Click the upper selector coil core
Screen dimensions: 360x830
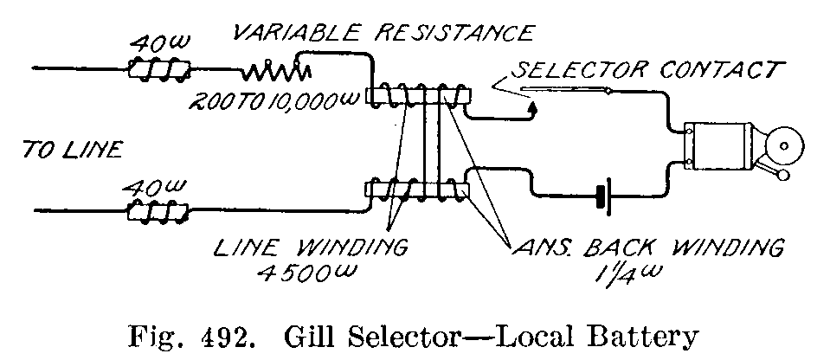(418, 94)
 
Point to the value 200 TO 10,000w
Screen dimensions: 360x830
(273, 102)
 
